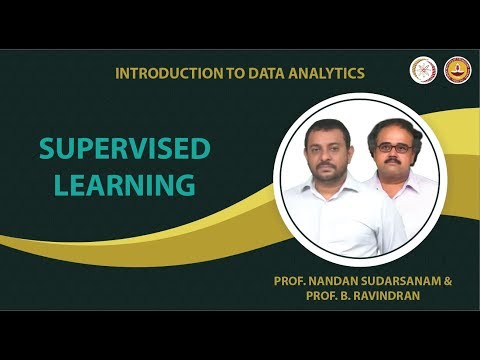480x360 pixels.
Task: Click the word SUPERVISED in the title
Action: click(124, 149)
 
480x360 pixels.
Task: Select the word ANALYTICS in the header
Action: click(321, 73)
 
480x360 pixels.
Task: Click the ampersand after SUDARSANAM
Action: click(448, 282)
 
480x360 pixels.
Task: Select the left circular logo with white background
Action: click(423, 69)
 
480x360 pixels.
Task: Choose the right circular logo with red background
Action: click(457, 69)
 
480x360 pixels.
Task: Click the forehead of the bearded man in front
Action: click(331, 133)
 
